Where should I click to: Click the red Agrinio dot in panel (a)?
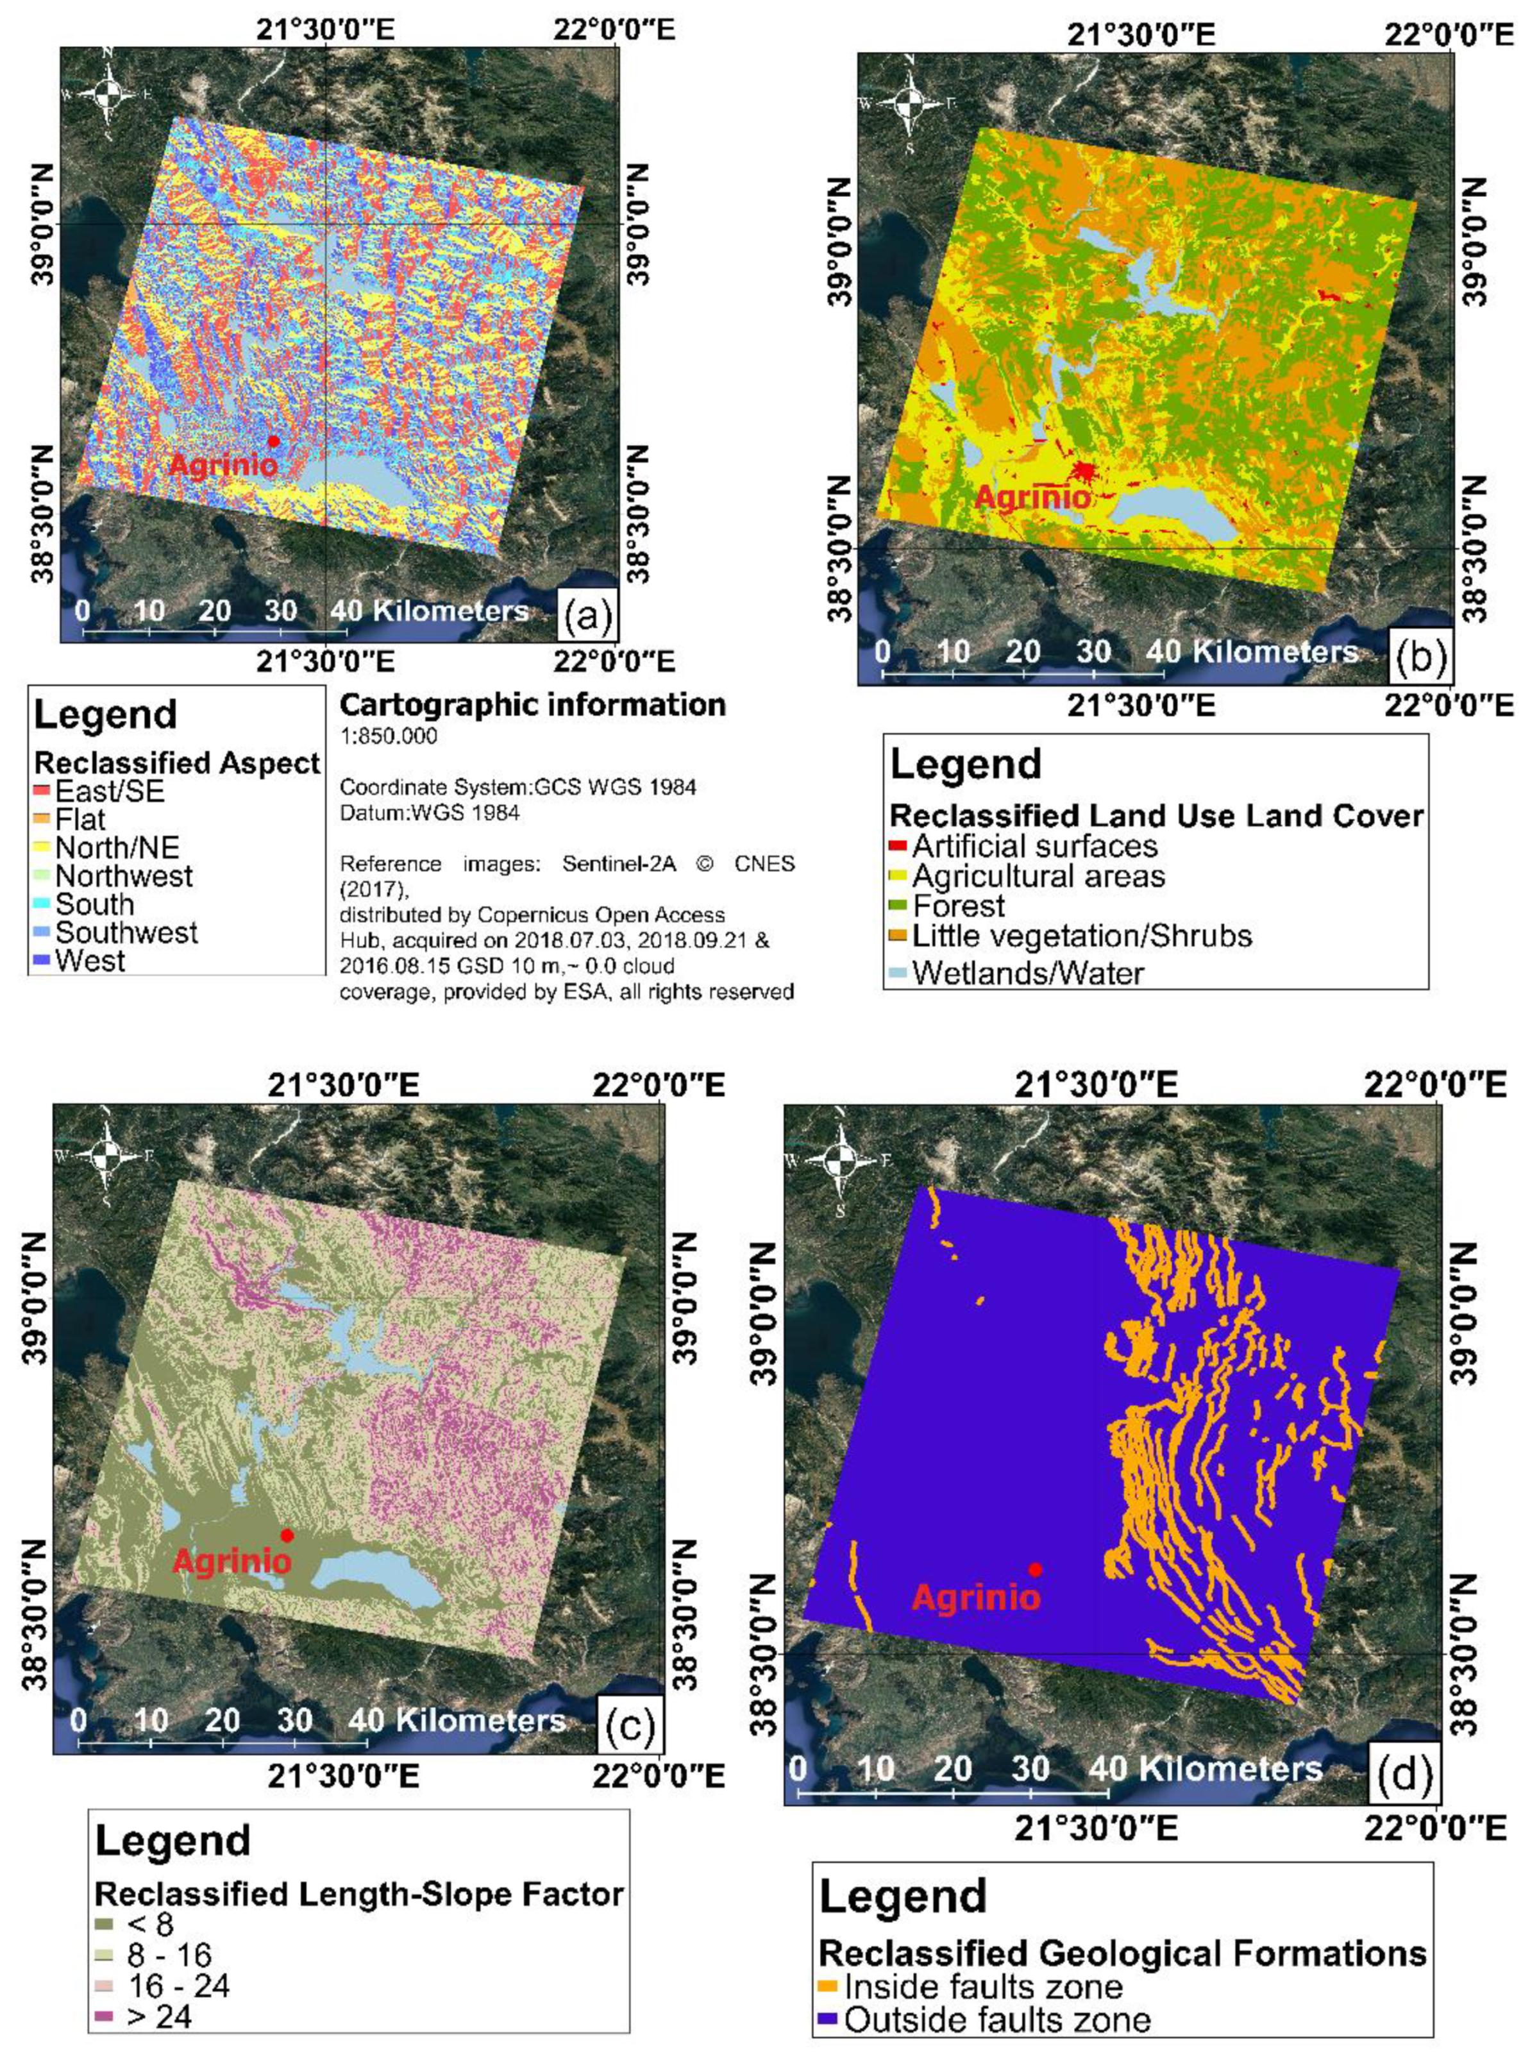tap(273, 441)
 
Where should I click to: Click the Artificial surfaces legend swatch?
tap(898, 846)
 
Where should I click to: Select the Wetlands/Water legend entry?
tap(1027, 972)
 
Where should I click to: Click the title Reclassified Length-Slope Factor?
tap(359, 1893)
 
